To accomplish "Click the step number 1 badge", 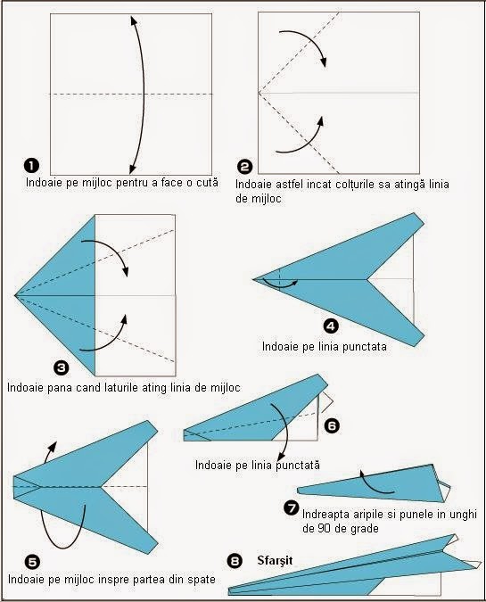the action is pyautogui.click(x=31, y=166).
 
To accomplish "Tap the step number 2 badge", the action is pyautogui.click(x=244, y=167).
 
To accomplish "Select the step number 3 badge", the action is pyautogui.click(x=62, y=367).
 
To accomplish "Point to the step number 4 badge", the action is pyautogui.click(x=331, y=326).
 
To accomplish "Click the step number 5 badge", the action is pyautogui.click(x=33, y=562).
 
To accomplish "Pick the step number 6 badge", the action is pyautogui.click(x=332, y=425).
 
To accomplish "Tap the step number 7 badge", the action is pyautogui.click(x=291, y=507).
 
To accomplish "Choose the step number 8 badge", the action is pyautogui.click(x=235, y=561).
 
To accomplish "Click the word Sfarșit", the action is pyautogui.click(x=275, y=561).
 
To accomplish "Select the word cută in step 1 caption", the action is pyautogui.click(x=207, y=182).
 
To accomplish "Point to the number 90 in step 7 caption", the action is pyautogui.click(x=324, y=528).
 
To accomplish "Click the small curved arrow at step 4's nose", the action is pyautogui.click(x=281, y=285).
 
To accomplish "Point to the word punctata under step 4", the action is pyautogui.click(x=364, y=347).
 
